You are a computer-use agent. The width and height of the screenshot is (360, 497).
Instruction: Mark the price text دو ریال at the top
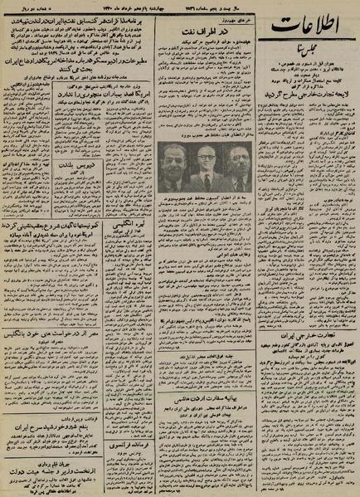coord(18,9)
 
